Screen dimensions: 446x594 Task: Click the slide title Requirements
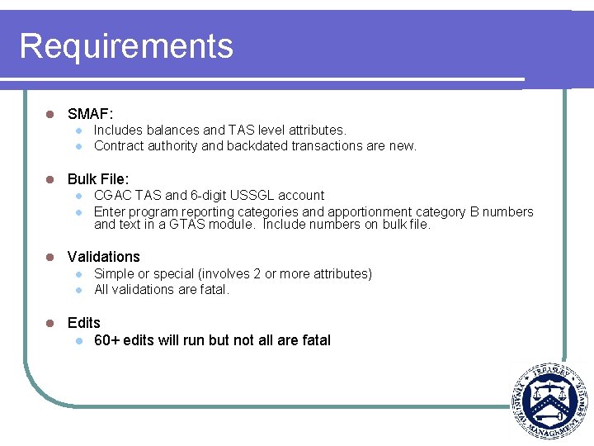126,46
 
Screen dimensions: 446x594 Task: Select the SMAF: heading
90,113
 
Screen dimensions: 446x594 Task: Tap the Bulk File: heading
98,179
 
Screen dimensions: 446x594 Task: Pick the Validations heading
104,257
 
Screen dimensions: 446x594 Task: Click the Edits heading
84,323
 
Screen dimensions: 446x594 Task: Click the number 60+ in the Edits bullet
107,340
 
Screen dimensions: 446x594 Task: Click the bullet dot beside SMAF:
50,113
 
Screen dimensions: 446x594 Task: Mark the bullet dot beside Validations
50,257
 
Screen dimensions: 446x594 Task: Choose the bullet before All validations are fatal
78,290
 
